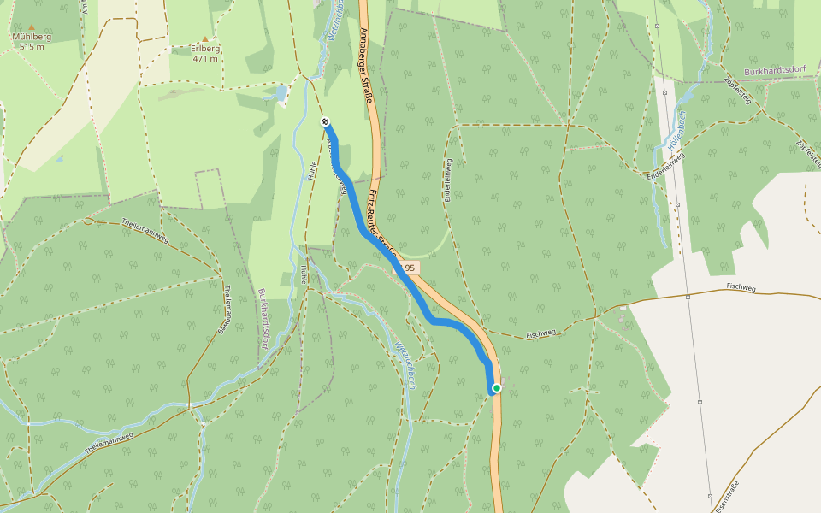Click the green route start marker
[496, 388]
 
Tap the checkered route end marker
[325, 122]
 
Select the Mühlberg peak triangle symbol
[32, 27]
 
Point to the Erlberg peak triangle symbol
[204, 38]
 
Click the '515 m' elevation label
[32, 47]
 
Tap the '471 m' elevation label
[205, 59]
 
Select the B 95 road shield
[406, 268]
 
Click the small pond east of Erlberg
[280, 93]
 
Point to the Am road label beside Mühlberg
[86, 8]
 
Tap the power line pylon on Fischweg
[688, 298]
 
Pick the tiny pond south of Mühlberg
[59, 158]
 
